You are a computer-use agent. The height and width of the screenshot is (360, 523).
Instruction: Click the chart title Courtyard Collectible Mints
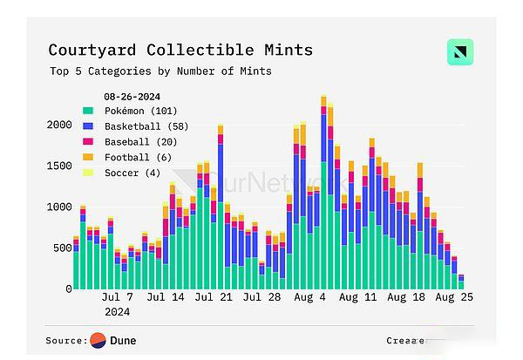[x=180, y=50]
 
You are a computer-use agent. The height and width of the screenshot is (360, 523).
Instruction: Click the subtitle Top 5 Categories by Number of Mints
[x=160, y=71]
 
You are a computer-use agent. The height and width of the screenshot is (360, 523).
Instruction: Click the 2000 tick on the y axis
[x=58, y=125]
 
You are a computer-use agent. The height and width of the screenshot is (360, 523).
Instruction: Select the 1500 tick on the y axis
[x=58, y=166]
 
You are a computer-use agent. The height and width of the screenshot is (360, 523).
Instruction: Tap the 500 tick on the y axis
[x=61, y=248]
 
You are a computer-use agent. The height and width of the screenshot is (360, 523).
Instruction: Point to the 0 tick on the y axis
[x=67, y=289]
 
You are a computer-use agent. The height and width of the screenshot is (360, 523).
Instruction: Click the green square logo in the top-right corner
[x=459, y=52]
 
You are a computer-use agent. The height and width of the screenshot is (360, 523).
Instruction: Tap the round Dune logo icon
[x=98, y=340]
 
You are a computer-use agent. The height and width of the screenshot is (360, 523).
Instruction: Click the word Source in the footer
[x=65, y=340]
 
